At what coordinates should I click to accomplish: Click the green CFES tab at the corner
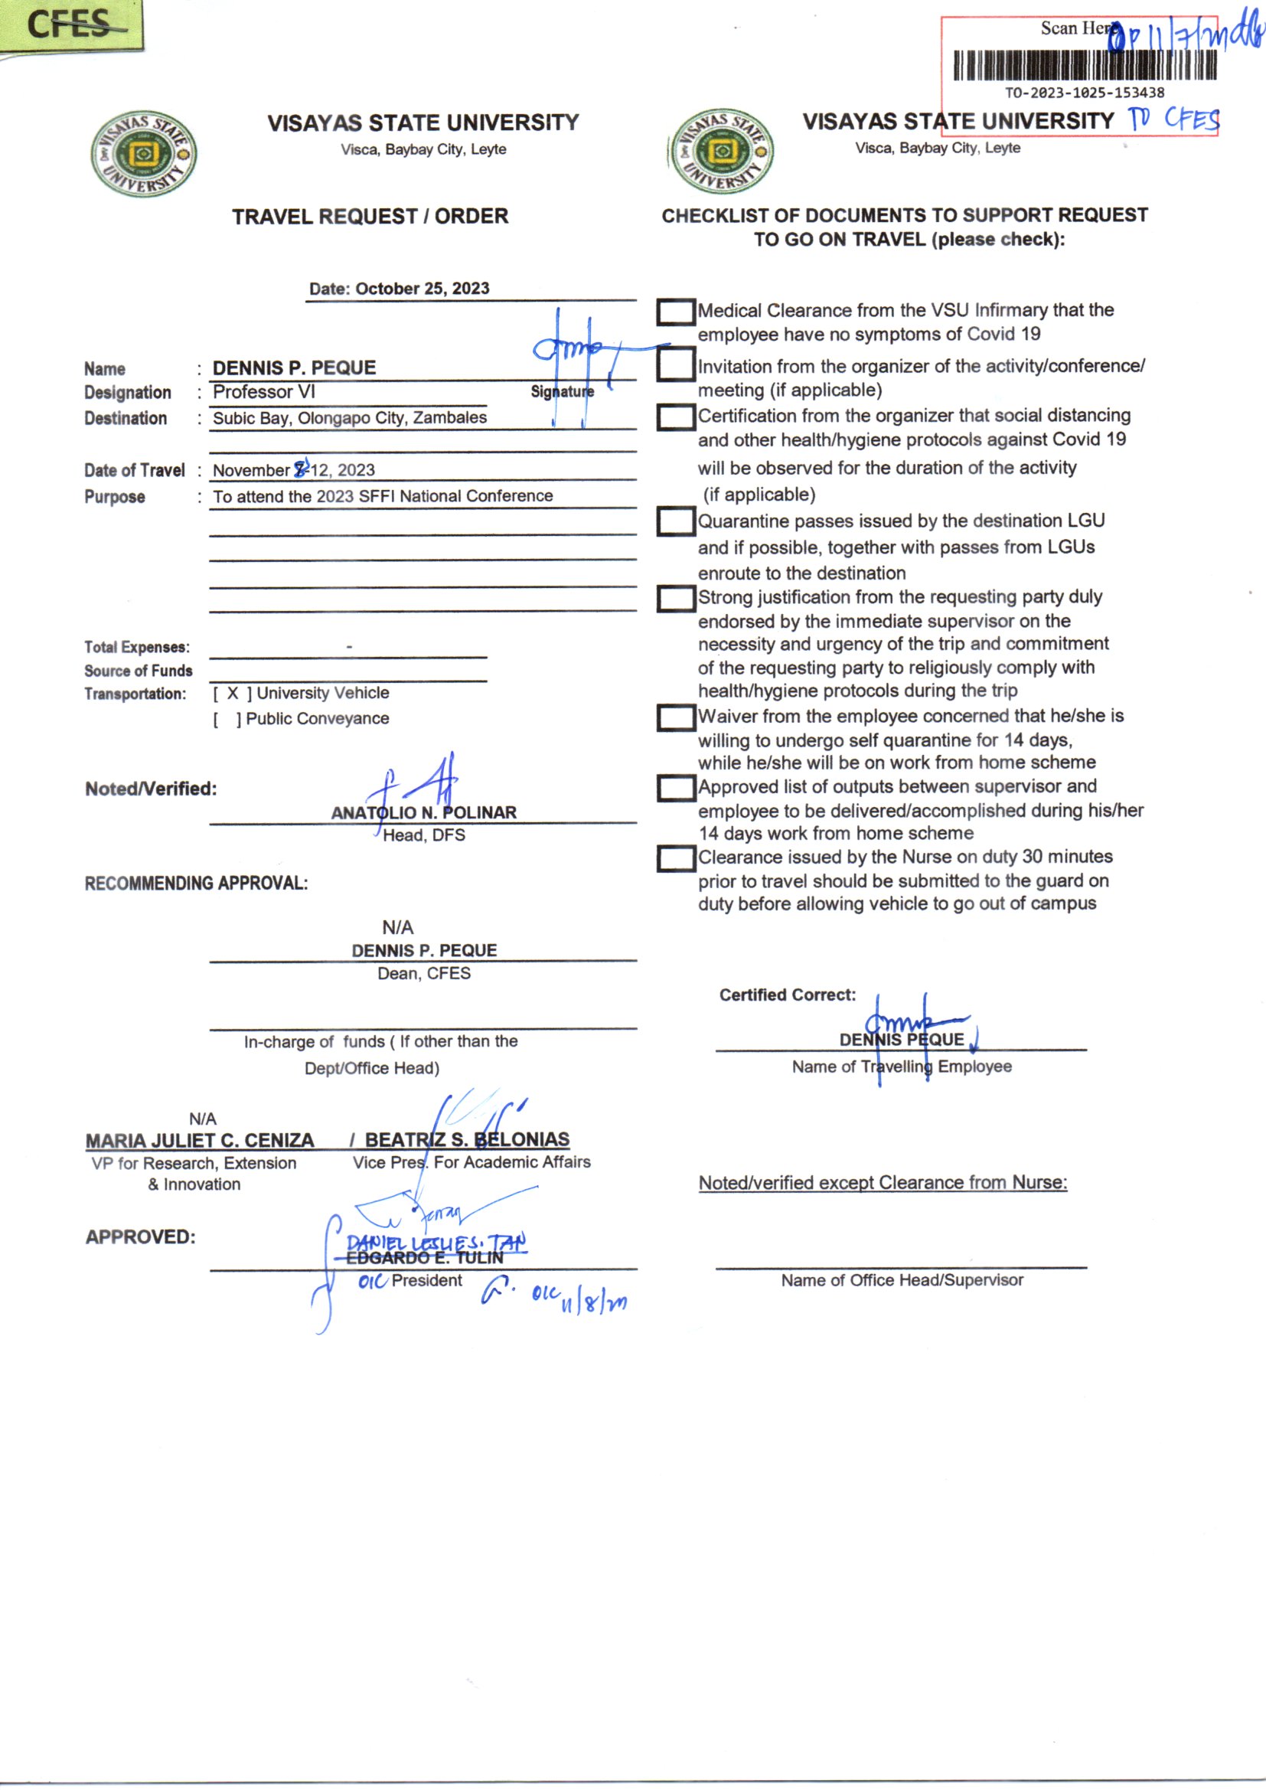(x=70, y=25)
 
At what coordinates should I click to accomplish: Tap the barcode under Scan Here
(x=1085, y=66)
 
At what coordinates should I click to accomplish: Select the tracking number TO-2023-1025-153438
(x=1085, y=93)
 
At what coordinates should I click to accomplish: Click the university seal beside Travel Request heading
(x=143, y=154)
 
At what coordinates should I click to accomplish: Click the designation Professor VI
(x=264, y=392)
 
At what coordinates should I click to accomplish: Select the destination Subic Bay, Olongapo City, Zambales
(x=350, y=418)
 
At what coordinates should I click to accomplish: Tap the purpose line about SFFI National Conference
(x=383, y=496)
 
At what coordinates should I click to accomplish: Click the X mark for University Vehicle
(x=233, y=693)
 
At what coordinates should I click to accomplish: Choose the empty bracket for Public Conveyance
(x=227, y=719)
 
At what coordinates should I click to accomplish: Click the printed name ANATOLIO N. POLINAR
(x=424, y=812)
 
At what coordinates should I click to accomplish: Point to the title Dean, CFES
(x=424, y=973)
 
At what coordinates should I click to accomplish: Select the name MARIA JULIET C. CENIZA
(x=200, y=1141)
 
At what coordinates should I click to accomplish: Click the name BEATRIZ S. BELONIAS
(x=467, y=1140)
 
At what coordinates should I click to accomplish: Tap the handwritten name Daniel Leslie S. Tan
(x=436, y=1243)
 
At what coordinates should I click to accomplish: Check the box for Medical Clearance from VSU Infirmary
(x=675, y=312)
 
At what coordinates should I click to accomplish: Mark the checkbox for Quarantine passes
(x=675, y=521)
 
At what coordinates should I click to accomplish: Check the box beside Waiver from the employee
(x=675, y=717)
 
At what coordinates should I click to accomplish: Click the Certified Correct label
(x=788, y=995)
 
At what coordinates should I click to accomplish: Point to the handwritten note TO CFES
(x=1174, y=119)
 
